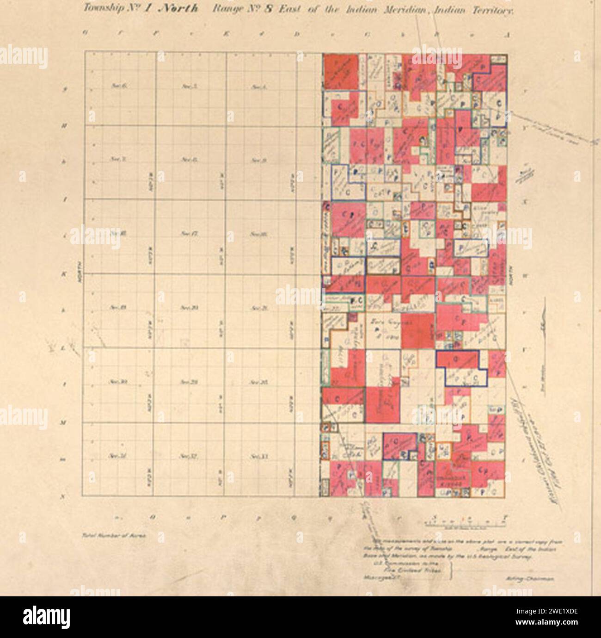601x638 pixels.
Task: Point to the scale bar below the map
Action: pos(467,523)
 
